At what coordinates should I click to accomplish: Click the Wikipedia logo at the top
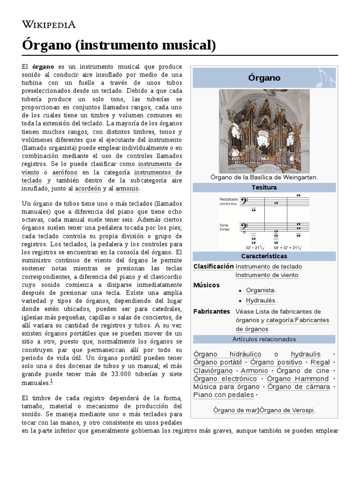[49, 24]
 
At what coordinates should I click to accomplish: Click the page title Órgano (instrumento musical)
[119, 45]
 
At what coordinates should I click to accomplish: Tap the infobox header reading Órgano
[264, 78]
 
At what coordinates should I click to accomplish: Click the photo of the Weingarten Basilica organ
[264, 131]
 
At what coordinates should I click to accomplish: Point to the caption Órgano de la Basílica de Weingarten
[264, 177]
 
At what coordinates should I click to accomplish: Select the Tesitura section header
[264, 187]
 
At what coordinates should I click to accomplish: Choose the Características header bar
[264, 256]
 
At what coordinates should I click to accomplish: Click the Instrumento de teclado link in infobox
[269, 266]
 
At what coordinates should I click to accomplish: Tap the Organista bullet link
[261, 290]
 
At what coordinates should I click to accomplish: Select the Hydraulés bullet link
[261, 300]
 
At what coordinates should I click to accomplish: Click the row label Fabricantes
[211, 311]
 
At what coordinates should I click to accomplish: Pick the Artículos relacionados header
[264, 339]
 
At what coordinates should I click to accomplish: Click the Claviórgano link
[213, 371]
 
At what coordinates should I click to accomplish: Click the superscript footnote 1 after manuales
[52, 381]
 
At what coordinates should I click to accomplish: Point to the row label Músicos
[206, 285]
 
